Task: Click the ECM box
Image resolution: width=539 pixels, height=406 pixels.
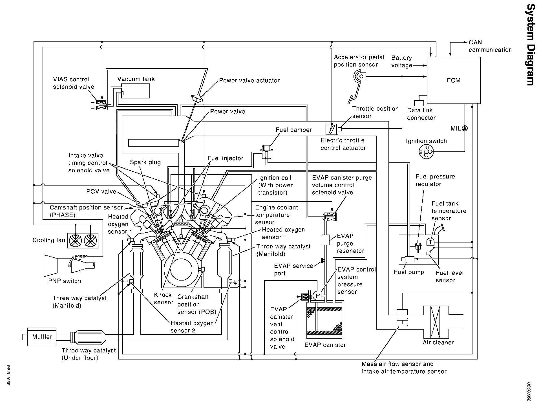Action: (454, 80)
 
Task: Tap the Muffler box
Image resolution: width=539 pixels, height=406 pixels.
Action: (42, 337)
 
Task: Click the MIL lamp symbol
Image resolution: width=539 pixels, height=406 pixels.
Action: (465, 129)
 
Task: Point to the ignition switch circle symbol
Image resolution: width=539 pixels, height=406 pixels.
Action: (426, 152)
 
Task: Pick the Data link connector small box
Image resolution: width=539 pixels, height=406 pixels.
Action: (419, 103)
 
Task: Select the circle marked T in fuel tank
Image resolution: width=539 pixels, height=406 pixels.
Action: (430, 242)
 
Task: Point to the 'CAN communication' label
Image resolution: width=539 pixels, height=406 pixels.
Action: (490, 46)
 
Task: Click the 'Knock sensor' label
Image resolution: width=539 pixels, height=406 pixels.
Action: (163, 299)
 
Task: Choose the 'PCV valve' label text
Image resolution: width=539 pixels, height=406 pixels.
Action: (101, 192)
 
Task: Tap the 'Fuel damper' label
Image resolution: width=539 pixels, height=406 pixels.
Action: (294, 130)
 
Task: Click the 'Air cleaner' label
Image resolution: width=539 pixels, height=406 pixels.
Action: (438, 343)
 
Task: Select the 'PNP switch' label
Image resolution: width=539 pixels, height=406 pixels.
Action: (65, 281)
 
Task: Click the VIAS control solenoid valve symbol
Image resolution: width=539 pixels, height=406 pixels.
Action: (101, 105)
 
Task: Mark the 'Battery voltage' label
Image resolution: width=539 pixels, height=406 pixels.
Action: (402, 62)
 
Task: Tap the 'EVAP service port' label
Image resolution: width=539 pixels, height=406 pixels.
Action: (293, 270)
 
